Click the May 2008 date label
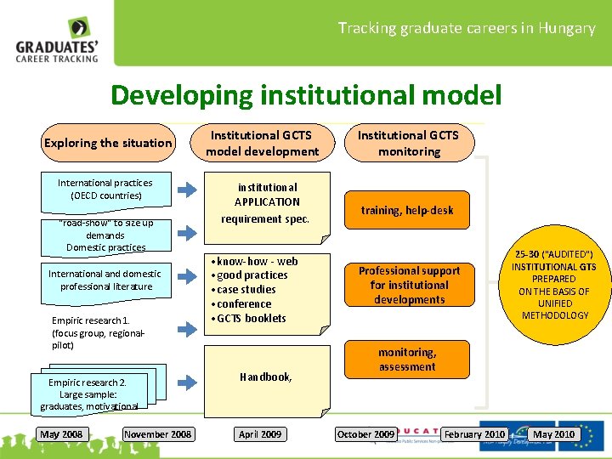[61, 434]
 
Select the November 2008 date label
[158, 434]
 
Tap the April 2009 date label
[260, 434]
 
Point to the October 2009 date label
[365, 434]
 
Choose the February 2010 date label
[474, 434]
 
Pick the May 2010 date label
[553, 434]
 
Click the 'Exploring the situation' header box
[107, 143]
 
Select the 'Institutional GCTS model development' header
[262, 143]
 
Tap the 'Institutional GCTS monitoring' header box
[409, 143]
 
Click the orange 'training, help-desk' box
[407, 210]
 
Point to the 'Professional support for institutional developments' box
[408, 285]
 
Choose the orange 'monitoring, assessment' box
[407, 360]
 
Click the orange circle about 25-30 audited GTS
[553, 285]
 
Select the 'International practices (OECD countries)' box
[105, 189]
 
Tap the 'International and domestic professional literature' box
[105, 280]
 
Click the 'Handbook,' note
[266, 377]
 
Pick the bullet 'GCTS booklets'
[255, 319]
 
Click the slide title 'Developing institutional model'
[306, 94]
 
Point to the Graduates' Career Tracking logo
[57, 40]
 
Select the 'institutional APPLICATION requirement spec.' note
[266, 203]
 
